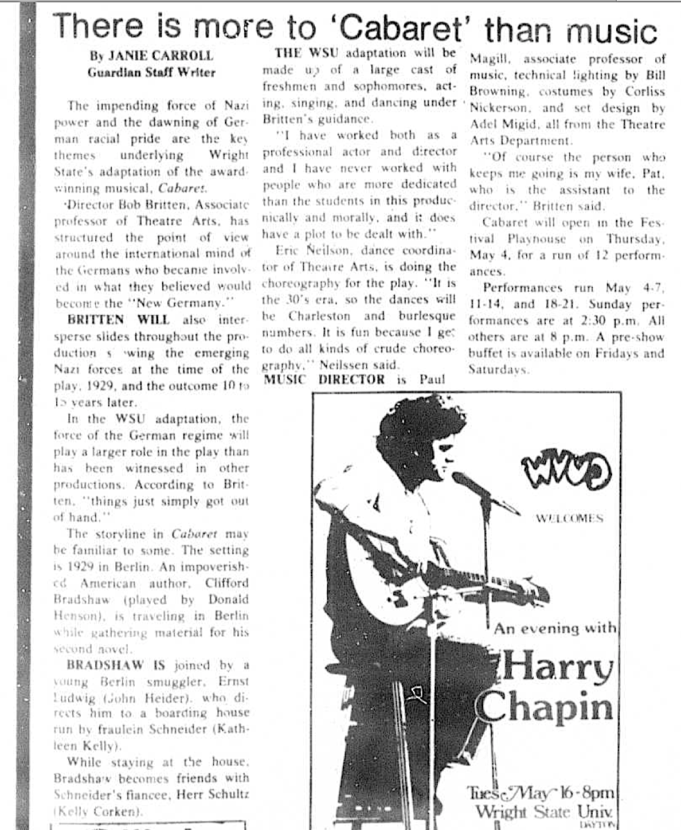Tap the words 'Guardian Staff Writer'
[151, 72]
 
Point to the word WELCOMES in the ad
[569, 518]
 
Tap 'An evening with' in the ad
[554, 628]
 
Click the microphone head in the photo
[462, 478]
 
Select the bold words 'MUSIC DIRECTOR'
[324, 379]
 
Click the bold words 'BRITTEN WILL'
[118, 320]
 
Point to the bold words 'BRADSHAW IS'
[116, 665]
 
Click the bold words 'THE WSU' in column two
[307, 53]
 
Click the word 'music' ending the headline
[612, 30]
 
